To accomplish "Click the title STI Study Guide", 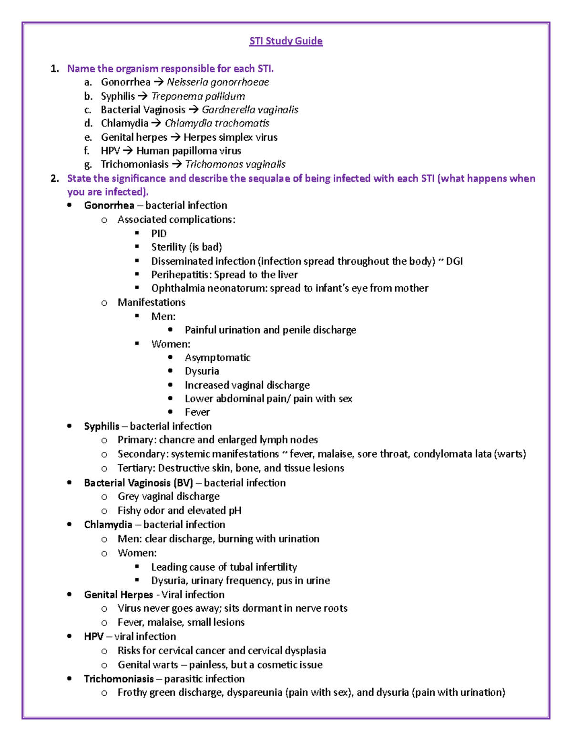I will coord(286,41).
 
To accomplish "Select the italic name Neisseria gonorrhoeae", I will coord(218,82).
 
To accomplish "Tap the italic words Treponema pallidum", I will coord(198,96).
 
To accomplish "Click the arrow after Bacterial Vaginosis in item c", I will coord(193,110).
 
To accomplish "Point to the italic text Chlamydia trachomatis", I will coord(217,123).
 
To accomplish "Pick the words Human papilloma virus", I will coord(189,151).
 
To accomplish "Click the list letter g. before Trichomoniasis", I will coord(87,165).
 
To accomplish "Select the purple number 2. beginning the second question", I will coord(54,178).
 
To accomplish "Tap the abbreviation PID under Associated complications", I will coord(159,233).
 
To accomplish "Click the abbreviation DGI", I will coord(454,261).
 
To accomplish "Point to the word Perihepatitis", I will coord(181,275).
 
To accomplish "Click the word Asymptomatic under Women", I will coord(217,357).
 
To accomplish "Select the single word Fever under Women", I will coord(197,412).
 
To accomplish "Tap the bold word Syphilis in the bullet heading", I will coord(102,426).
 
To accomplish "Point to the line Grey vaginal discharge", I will coord(168,496).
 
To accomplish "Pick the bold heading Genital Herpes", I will coord(118,595).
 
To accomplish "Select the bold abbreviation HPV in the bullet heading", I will coord(93,637).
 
